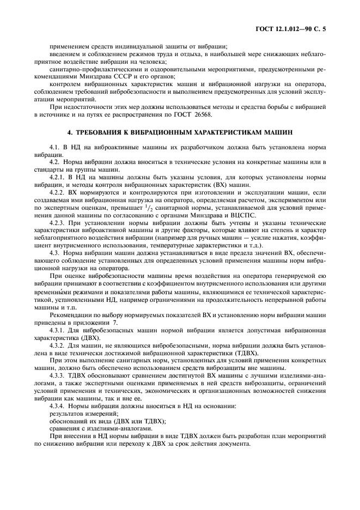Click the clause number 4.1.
pyautogui.click(x=55, y=148)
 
